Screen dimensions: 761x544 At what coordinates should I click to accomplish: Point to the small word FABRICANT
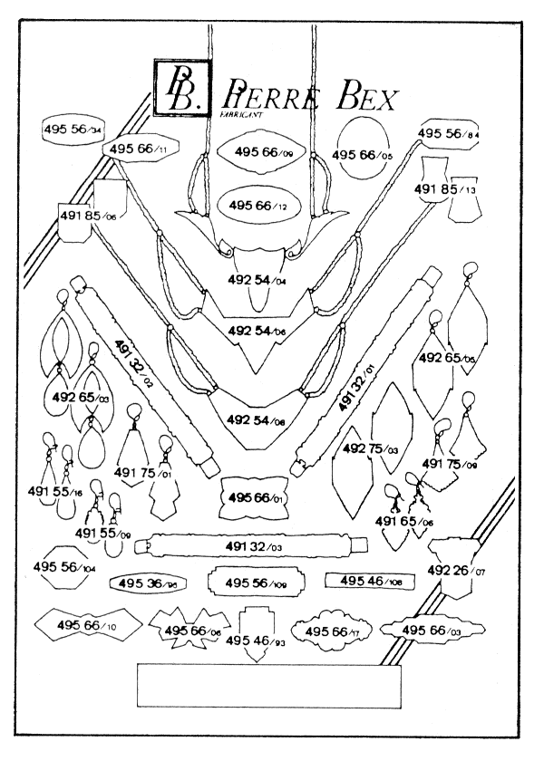[x=239, y=116]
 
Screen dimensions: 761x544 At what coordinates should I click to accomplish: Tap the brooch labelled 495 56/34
[x=73, y=130]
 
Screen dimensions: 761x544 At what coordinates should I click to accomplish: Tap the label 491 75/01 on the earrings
[x=143, y=473]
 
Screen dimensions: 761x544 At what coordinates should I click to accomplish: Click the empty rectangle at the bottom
[x=268, y=686]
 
